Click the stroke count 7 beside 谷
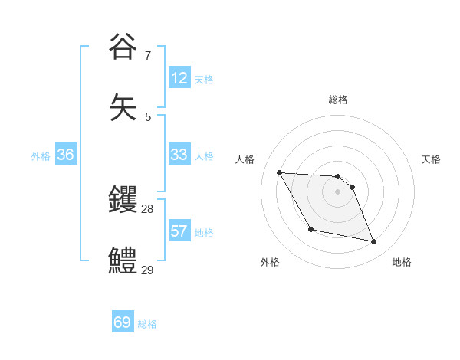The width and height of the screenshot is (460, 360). click(148, 55)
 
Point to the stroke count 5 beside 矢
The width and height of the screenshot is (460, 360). click(148, 116)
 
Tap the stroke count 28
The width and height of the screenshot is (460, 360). click(147, 209)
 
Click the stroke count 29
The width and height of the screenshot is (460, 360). click(147, 270)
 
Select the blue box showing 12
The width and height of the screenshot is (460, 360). click(179, 78)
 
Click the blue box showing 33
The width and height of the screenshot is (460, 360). click(179, 155)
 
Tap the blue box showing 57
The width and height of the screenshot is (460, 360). click(179, 231)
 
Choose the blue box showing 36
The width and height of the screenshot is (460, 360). click(65, 155)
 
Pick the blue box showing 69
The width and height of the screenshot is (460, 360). click(122, 322)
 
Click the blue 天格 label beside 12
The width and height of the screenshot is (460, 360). click(204, 79)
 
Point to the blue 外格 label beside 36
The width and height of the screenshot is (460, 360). click(41, 155)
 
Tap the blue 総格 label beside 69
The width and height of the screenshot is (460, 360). click(147, 324)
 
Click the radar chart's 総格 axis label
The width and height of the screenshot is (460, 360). click(338, 100)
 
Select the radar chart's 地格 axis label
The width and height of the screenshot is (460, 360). click(402, 262)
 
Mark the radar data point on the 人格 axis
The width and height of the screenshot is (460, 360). click(279, 172)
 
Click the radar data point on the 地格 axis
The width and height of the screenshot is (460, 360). click(374, 242)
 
